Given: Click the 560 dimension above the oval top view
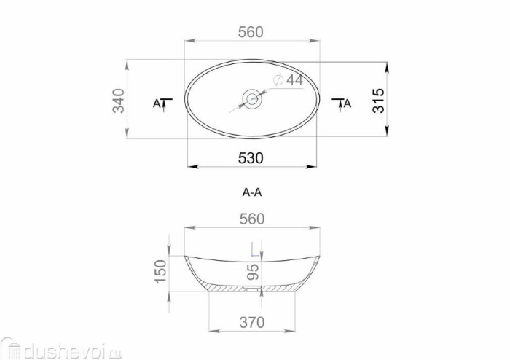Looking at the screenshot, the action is pyautogui.click(x=251, y=32).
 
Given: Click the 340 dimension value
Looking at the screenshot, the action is pyautogui.click(x=118, y=101).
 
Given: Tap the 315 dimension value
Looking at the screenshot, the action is pyautogui.click(x=378, y=101).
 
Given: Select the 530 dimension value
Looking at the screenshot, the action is pyautogui.click(x=251, y=158).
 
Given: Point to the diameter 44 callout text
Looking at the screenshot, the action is pyautogui.click(x=289, y=80).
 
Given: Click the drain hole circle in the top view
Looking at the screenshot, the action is pyautogui.click(x=252, y=98).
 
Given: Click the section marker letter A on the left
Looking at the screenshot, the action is pyautogui.click(x=157, y=103).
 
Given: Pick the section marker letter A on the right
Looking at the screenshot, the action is pyautogui.click(x=348, y=103).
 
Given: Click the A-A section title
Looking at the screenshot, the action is pyautogui.click(x=252, y=192).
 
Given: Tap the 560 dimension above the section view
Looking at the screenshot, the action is pyautogui.click(x=252, y=219).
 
